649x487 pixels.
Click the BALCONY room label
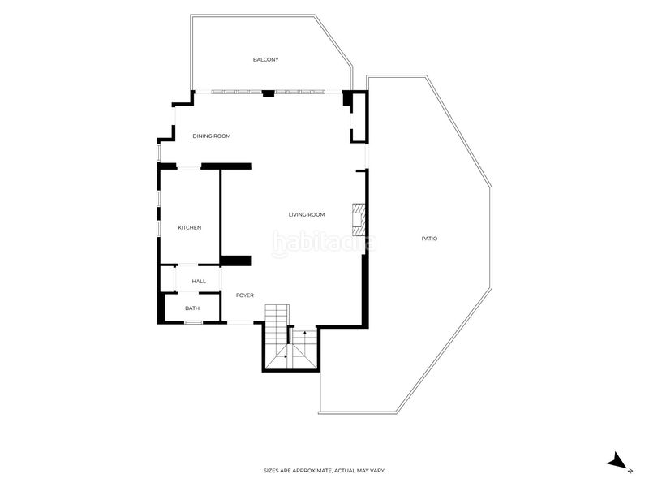(x=266, y=59)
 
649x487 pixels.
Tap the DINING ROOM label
(x=212, y=136)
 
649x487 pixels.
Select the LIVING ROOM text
(x=307, y=214)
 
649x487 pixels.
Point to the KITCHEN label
(x=190, y=227)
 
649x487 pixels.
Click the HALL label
(x=199, y=281)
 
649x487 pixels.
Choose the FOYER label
(x=245, y=295)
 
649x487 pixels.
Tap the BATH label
(x=192, y=308)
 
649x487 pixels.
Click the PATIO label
(x=429, y=239)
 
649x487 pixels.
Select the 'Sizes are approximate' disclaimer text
(x=324, y=471)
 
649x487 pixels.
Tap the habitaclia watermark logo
(x=324, y=243)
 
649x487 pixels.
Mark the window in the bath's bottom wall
(x=193, y=322)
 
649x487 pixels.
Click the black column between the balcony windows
(x=269, y=93)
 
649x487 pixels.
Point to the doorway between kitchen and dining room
(x=189, y=167)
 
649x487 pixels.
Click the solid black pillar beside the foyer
(x=236, y=261)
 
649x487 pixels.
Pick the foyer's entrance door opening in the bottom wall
(x=240, y=321)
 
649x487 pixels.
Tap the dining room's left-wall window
(x=158, y=152)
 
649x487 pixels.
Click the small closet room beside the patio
(x=359, y=118)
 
